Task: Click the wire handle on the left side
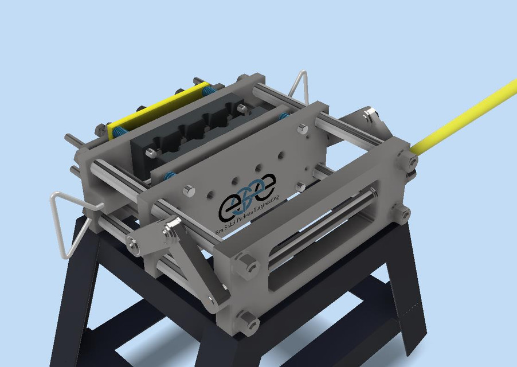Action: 68,224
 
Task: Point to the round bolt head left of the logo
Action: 189,191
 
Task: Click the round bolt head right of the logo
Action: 300,185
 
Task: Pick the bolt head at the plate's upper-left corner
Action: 151,153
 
